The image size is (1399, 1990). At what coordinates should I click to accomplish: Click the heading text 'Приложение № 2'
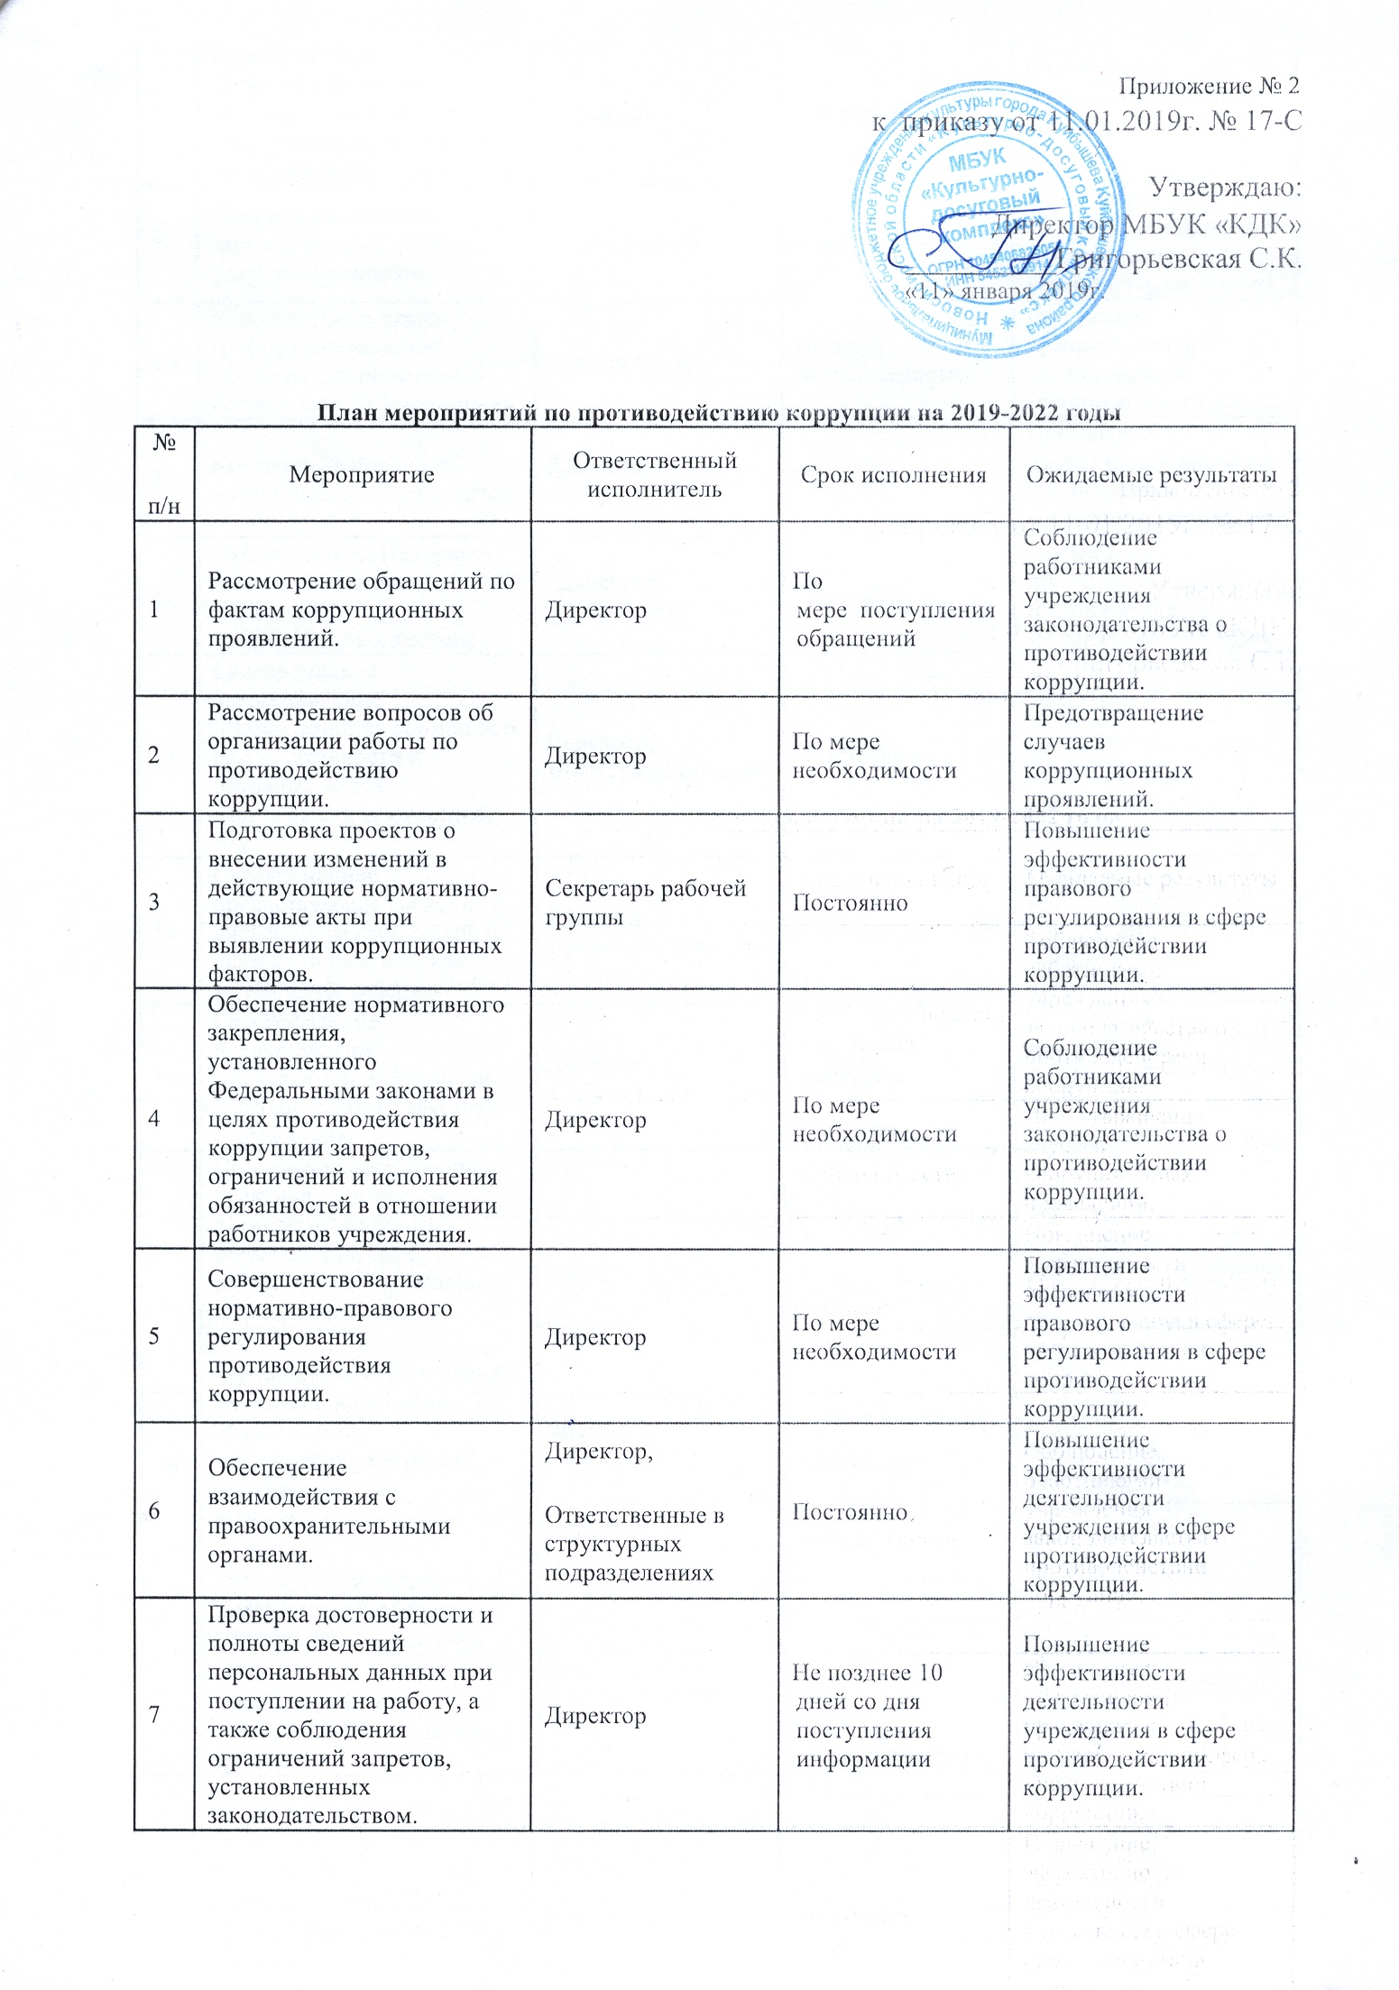tap(1209, 87)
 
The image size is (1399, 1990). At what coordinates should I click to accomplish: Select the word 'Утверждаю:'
tap(1225, 188)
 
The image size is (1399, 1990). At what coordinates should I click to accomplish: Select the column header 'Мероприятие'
tap(362, 475)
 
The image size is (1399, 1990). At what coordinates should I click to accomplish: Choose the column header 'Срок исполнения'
tap(893, 475)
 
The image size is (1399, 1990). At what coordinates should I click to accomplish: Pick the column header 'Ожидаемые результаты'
tap(1151, 475)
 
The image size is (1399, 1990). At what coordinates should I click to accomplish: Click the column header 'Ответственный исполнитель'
tap(655, 475)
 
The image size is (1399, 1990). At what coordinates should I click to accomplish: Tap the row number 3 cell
tap(154, 902)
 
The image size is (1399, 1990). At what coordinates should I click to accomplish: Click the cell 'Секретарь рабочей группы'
tap(645, 903)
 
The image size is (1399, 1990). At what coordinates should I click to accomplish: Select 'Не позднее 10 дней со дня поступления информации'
tap(867, 1715)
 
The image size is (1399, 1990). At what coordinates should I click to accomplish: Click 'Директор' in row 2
tap(595, 756)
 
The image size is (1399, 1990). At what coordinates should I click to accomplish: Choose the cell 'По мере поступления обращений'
tap(894, 610)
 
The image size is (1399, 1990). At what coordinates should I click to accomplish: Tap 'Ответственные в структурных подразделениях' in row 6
tap(634, 1544)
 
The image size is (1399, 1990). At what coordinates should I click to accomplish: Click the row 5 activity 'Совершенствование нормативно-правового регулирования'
tap(330, 1336)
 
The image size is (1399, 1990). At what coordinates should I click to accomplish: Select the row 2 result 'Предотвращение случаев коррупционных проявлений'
tap(1113, 756)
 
